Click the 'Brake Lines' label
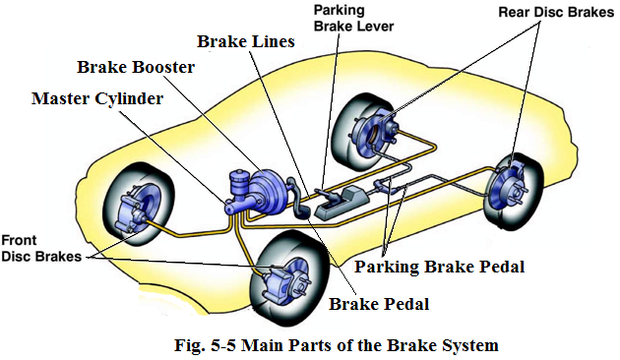click(x=246, y=41)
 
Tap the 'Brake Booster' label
click(x=136, y=67)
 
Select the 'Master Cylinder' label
click(x=97, y=98)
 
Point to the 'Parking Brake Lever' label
click(x=353, y=18)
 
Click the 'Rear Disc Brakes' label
click(x=556, y=12)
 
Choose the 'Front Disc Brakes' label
click(x=41, y=248)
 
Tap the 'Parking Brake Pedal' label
click(x=439, y=267)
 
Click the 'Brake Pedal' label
click(x=379, y=304)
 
